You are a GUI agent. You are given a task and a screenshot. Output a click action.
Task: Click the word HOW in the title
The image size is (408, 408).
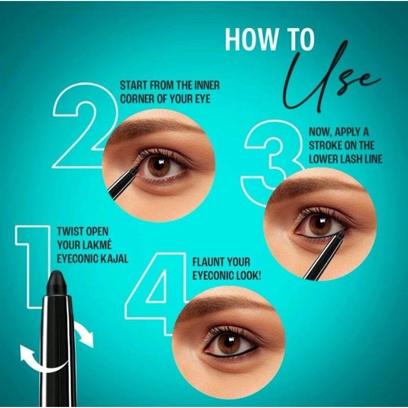point(251,39)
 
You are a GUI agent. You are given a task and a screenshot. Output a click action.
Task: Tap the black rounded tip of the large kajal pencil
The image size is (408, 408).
point(57,283)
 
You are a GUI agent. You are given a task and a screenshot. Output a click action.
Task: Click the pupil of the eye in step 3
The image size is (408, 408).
point(320,223)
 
